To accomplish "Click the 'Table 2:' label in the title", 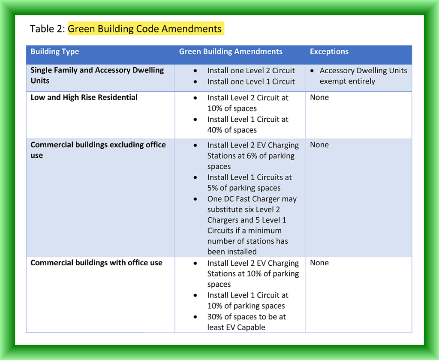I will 47,29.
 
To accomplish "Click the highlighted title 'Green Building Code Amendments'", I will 145,29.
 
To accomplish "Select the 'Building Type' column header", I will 55,51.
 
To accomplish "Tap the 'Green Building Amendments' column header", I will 231,51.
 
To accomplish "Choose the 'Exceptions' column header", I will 329,51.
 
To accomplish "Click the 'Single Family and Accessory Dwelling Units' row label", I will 97,75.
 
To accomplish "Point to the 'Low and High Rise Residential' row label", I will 84,97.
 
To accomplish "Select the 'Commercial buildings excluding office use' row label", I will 98,150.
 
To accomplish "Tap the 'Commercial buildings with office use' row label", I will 96,263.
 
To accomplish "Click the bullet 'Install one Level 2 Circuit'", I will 251,71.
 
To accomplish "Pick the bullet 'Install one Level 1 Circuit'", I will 251,81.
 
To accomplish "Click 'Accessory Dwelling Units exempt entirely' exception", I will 363,76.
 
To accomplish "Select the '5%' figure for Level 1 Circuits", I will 213,188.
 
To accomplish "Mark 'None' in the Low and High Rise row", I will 319,97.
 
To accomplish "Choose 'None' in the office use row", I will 319,263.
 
